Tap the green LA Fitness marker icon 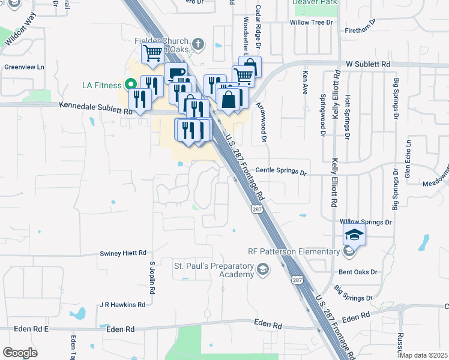[129, 85]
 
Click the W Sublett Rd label [368, 63]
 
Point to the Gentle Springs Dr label [282, 172]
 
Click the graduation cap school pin [355, 235]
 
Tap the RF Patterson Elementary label [294, 251]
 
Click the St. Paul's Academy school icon [262, 270]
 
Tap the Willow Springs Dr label [366, 222]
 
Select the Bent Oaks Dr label [357, 272]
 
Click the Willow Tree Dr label [311, 22]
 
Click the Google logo [20, 353]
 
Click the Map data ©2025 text [424, 355]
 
